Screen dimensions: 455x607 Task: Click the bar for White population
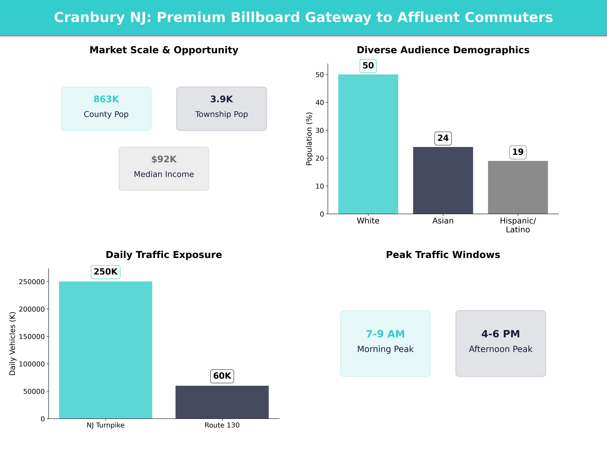368,144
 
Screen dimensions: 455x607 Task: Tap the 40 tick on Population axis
320,103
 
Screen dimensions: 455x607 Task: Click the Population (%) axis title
309,139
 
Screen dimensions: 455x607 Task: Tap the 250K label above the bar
106,272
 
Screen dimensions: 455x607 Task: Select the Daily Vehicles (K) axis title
12,343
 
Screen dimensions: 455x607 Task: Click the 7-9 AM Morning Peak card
385,343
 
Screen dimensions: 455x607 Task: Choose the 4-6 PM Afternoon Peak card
501,343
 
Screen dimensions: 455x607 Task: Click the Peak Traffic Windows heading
443,255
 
